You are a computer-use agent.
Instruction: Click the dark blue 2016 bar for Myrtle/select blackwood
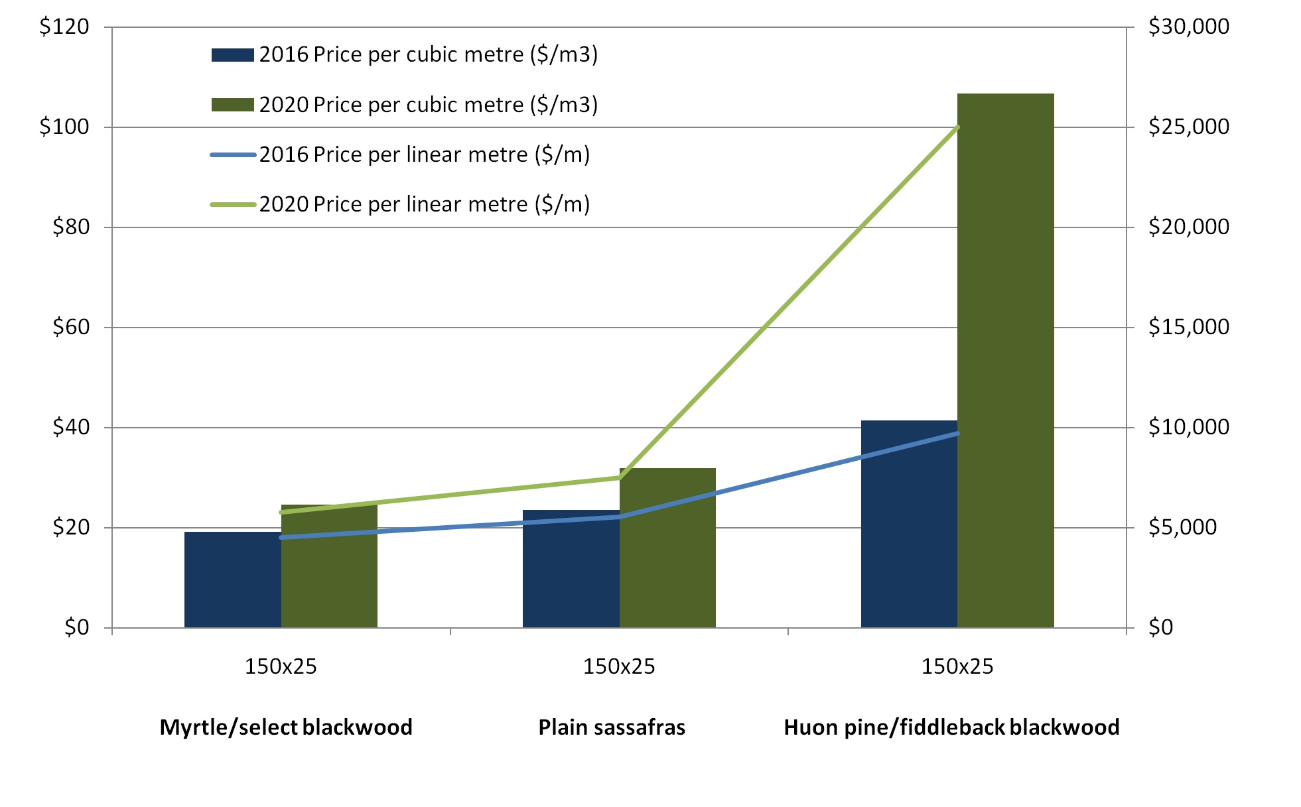[232, 580]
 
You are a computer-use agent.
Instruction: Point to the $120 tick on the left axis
[64, 27]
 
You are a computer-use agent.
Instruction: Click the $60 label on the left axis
[70, 327]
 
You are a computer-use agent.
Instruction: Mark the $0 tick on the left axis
[76, 627]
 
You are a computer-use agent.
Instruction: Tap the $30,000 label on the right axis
[1189, 27]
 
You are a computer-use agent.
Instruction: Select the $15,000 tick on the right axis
[1189, 327]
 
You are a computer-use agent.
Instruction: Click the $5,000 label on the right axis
[1183, 528]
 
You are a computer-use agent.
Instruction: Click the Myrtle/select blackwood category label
[286, 727]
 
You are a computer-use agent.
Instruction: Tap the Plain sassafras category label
[612, 727]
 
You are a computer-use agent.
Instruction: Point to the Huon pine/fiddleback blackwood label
[951, 727]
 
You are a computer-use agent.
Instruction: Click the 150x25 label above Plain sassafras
[619, 666]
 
